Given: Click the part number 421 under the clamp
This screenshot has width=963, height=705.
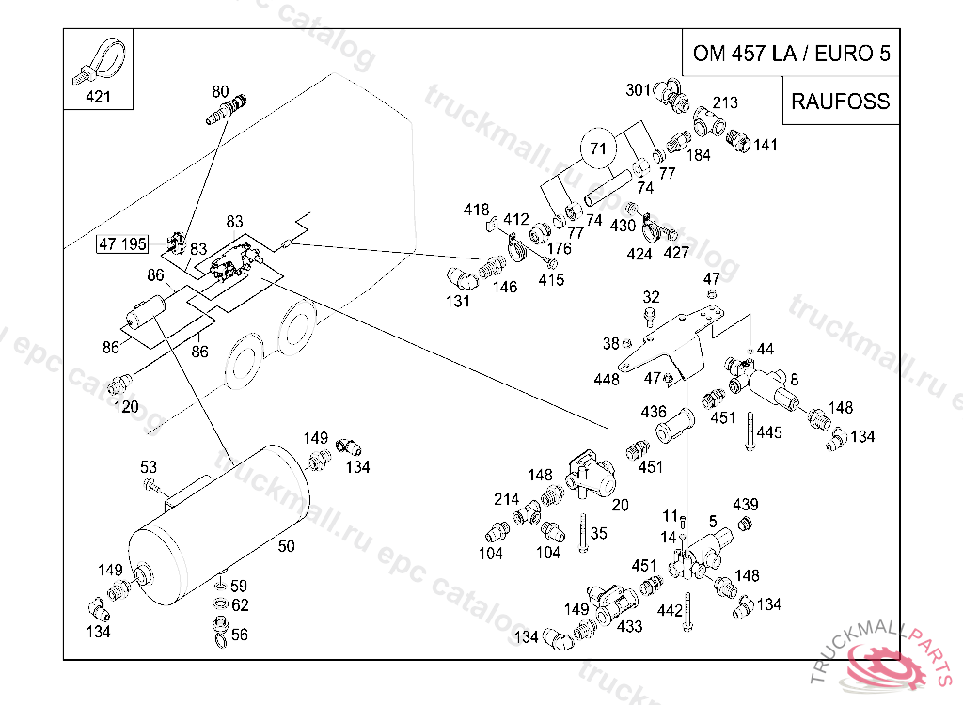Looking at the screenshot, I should (99, 97).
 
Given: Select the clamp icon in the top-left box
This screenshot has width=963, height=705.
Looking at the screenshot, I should (98, 59).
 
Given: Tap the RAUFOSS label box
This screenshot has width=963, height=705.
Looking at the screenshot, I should (840, 102).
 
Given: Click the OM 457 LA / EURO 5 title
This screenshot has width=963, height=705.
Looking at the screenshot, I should (791, 54).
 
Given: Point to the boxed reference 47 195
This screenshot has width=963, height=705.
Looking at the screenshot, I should (122, 244).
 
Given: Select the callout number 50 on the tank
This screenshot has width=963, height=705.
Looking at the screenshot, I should (287, 545).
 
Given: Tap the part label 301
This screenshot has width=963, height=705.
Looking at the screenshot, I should (639, 90).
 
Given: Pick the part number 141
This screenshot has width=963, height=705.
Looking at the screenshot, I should (766, 145).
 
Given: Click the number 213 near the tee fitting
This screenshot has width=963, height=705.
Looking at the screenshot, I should (725, 102).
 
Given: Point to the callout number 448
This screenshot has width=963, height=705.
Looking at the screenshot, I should (607, 380).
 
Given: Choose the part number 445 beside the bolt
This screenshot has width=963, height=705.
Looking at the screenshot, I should (769, 432).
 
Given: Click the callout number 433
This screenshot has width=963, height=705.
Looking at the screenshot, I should (629, 626).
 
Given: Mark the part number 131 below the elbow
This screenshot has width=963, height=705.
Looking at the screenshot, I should (458, 302).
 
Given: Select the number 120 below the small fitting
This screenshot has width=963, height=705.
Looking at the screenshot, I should (126, 407).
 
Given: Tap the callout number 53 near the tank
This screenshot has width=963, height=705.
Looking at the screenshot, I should (149, 467).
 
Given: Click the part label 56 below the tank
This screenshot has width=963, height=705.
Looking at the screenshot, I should (240, 635).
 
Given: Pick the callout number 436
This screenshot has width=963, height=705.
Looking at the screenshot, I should (654, 412).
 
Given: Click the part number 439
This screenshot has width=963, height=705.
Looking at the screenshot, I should (746, 505).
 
